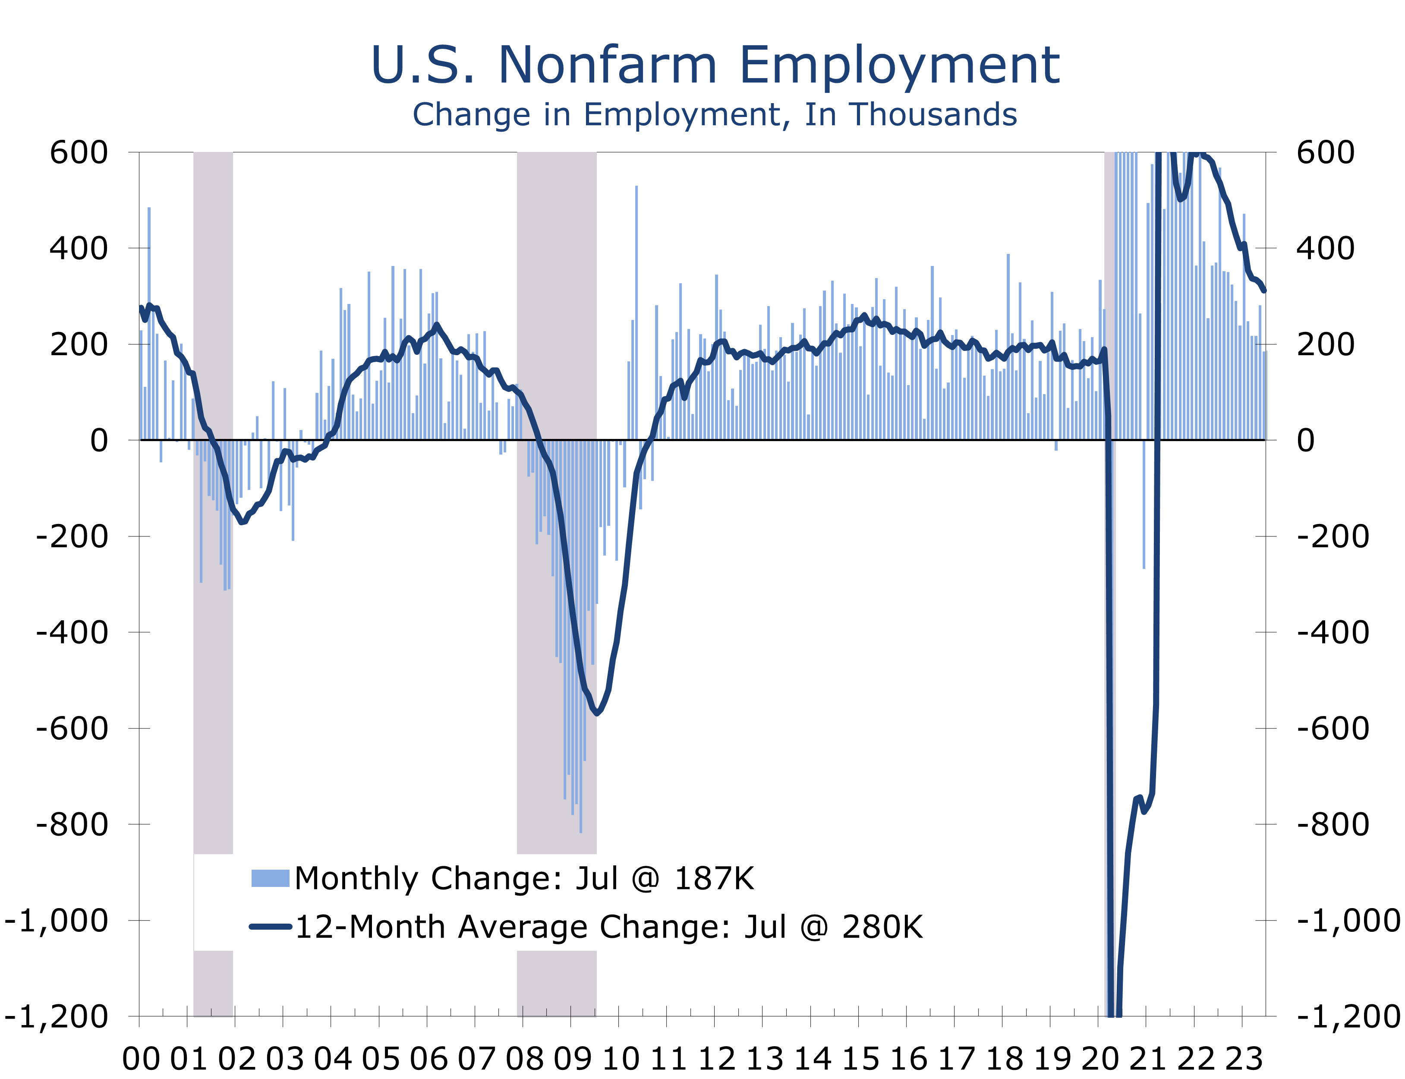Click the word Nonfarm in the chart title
(607, 66)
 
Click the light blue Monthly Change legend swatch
(270, 878)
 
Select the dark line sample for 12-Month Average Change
(270, 927)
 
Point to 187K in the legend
(714, 878)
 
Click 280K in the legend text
(882, 927)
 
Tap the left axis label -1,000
(57, 920)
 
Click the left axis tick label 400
(79, 248)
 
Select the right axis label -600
(1333, 729)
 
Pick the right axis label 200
(1325, 344)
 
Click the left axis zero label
(99, 441)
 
